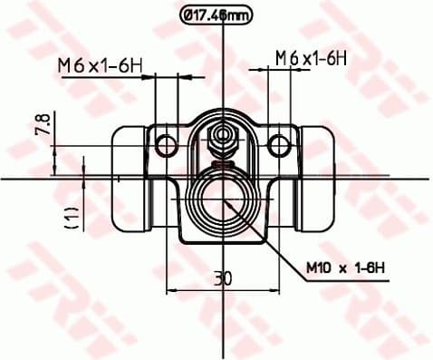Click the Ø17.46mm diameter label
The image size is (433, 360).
(x=216, y=15)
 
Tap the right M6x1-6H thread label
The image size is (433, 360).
(x=312, y=57)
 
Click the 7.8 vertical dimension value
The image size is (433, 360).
(x=43, y=124)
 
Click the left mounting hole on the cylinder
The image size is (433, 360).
(x=165, y=142)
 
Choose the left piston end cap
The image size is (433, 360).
(x=130, y=177)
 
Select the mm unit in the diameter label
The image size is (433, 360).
(x=237, y=15)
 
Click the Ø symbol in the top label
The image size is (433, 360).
(x=188, y=15)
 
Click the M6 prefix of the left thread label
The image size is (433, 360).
(x=70, y=64)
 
